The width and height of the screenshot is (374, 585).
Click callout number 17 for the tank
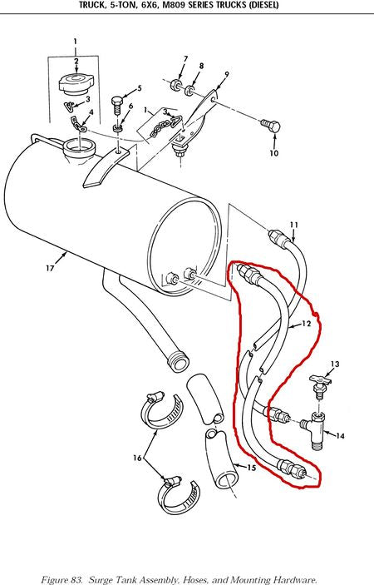pyautogui.click(x=51, y=268)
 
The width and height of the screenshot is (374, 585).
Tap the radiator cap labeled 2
pyautogui.click(x=76, y=83)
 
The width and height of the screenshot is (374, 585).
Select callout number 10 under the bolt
pyautogui.click(x=273, y=153)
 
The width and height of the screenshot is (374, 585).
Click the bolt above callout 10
pyautogui.click(x=271, y=126)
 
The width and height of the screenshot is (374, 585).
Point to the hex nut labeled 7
pyautogui.click(x=176, y=84)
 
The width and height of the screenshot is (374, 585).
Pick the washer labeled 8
pyautogui.click(x=190, y=90)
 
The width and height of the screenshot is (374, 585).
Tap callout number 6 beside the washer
pyautogui.click(x=130, y=106)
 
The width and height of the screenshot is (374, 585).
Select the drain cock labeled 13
pyautogui.click(x=319, y=384)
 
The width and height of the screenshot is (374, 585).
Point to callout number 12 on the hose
pyautogui.click(x=306, y=324)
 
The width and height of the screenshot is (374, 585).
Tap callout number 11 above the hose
pyautogui.click(x=294, y=225)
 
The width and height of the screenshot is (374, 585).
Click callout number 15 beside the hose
pyautogui.click(x=252, y=467)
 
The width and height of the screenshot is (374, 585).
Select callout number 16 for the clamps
pyautogui.click(x=137, y=458)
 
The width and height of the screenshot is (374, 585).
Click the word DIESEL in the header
pyautogui.click(x=264, y=5)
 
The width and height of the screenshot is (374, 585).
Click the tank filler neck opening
pyautogui.click(x=80, y=146)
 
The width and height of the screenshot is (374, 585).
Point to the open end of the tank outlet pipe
pyautogui.click(x=179, y=362)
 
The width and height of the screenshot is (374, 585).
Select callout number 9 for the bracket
pyautogui.click(x=227, y=75)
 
